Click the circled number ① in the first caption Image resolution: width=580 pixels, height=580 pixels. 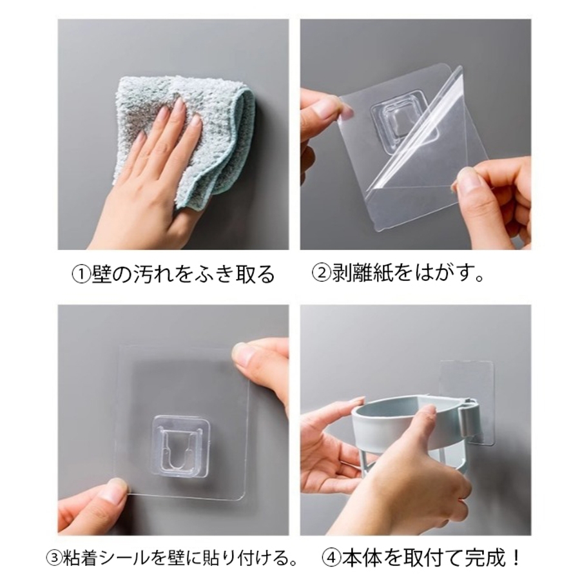[81, 275]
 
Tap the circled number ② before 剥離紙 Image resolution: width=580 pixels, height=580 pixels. [321, 274]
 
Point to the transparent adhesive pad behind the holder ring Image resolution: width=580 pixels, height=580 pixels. [467, 385]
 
